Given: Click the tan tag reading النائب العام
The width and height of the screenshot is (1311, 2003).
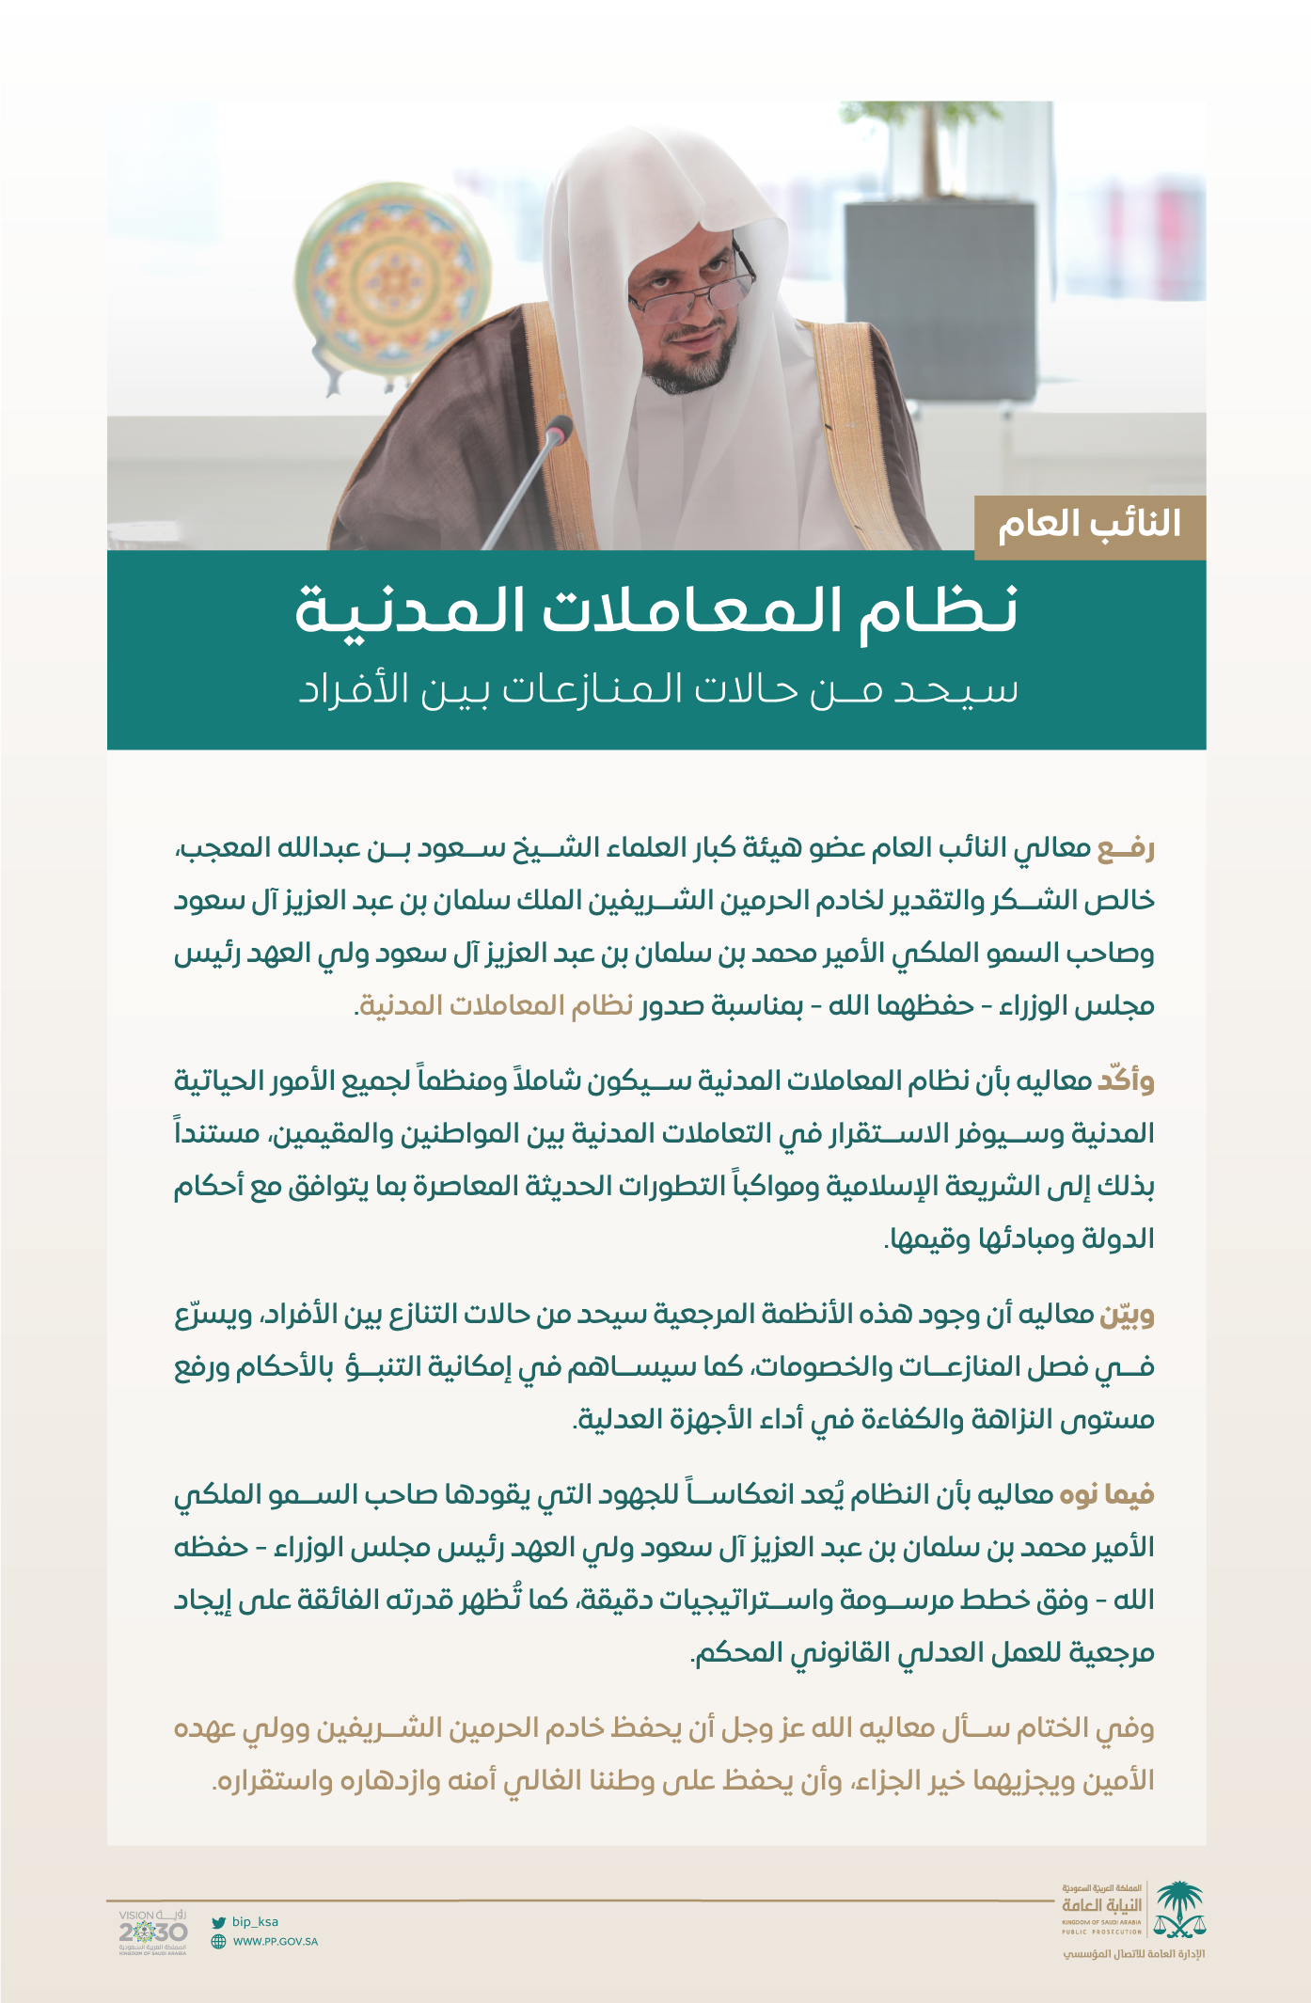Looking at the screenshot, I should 1089,526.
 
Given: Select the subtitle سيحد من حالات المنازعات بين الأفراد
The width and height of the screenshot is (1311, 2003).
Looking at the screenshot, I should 658,689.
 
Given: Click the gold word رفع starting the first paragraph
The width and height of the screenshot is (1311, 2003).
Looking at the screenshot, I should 1126,848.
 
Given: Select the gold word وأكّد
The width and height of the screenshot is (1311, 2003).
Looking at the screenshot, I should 1126,1080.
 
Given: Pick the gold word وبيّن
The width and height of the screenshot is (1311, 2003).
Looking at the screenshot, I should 1127,1313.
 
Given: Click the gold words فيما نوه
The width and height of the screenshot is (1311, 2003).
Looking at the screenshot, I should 1107,1494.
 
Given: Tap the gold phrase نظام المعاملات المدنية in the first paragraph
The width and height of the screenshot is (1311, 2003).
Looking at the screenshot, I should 497,1005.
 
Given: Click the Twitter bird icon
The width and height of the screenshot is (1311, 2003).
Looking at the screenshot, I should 218,1922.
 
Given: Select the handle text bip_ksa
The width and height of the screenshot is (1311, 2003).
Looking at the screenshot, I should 255,1922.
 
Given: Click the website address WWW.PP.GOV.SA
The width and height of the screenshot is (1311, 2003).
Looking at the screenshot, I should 276,1941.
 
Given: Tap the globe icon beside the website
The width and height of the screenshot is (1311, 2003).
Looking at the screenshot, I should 218,1941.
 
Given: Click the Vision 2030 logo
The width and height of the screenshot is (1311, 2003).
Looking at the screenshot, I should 152,1932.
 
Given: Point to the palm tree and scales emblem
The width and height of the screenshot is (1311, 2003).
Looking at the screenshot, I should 1180,1909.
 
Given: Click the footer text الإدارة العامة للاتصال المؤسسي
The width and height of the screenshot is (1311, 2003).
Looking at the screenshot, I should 1133,1954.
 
